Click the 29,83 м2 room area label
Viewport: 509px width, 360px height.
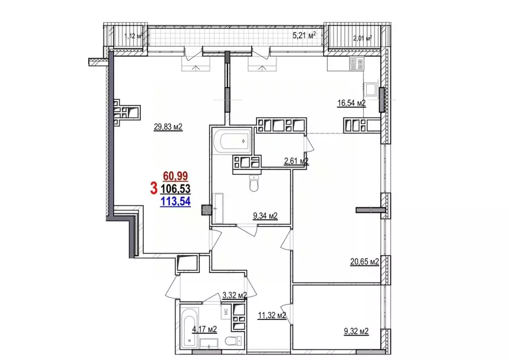168,127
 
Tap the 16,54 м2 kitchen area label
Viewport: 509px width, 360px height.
352,103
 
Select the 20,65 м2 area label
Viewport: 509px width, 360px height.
365,262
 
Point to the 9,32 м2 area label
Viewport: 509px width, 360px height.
356,332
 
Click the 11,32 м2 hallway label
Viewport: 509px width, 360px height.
272,315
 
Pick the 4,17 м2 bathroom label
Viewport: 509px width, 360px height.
204,330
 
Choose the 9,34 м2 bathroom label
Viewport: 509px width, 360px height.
265,216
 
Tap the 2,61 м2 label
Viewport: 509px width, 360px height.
296,161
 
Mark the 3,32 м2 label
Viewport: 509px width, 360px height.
235,295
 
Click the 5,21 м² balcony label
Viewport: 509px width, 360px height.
304,35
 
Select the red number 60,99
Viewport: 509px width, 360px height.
175,176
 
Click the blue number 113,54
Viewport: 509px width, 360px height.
175,202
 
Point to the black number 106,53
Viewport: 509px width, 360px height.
176,189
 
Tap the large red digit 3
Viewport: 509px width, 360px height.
154,188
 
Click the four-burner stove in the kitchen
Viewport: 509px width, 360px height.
357,64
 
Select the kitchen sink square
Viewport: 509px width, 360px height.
370,89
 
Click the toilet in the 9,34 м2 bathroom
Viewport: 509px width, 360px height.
254,184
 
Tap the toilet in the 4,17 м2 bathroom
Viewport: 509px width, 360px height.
233,341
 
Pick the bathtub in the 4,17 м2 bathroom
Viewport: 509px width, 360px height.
189,327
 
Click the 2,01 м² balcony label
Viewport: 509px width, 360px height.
362,39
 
